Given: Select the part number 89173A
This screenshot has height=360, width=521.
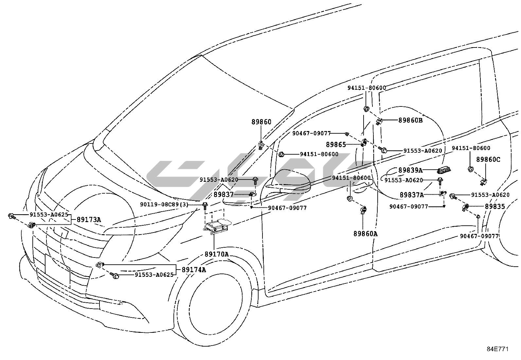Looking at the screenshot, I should tap(89, 219).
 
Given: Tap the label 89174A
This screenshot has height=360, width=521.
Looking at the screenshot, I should tap(194, 270).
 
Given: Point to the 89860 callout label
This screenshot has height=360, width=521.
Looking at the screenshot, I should tap(261, 122).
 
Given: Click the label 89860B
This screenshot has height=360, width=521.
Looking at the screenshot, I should tap(410, 120).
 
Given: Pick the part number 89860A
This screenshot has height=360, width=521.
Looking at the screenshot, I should tap(365, 234).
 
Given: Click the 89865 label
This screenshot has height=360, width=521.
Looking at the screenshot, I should tap(336, 144).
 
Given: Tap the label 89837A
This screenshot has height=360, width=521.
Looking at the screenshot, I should tap(412, 195).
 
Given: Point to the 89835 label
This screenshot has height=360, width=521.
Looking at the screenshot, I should tap(495, 207).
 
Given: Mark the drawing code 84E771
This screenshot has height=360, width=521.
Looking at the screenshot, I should tap(497, 349).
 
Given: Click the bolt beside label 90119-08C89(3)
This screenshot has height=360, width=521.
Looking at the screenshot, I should tap(205, 206).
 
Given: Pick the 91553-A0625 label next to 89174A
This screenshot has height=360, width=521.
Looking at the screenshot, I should tap(154, 275).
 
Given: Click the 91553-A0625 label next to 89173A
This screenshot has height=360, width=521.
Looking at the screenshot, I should tap(49, 215).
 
